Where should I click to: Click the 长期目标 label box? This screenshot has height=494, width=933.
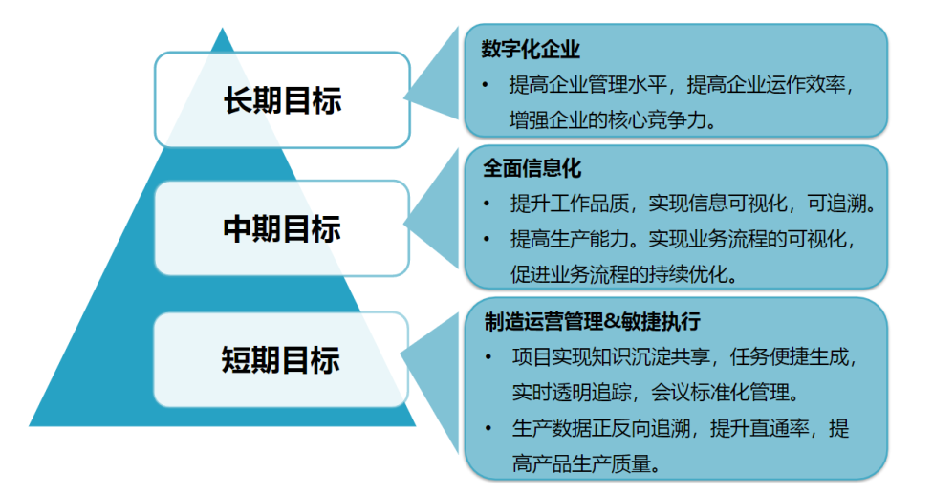282,100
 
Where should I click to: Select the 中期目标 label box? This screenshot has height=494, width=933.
282,229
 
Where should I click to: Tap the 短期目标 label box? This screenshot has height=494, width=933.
282,359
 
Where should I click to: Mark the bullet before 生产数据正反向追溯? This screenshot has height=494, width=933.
489,428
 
